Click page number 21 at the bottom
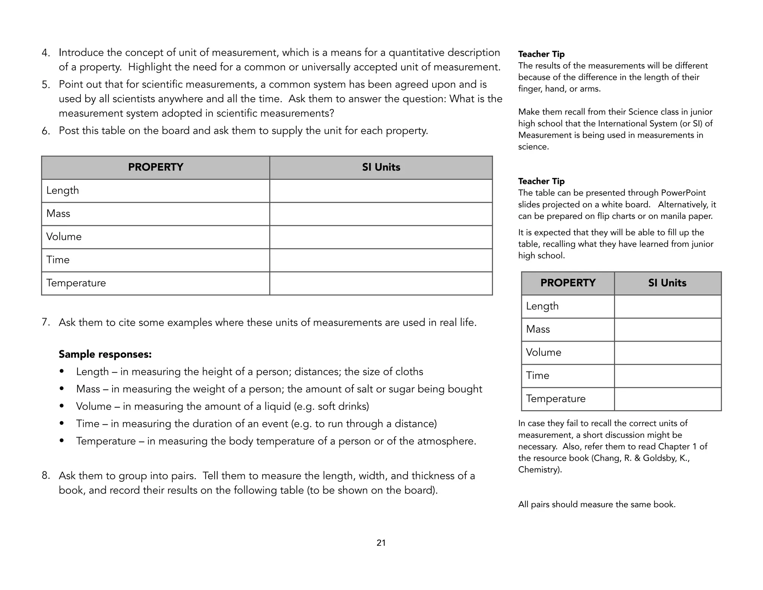click(x=381, y=543)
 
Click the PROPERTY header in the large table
click(x=155, y=167)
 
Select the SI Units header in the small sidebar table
click(x=667, y=283)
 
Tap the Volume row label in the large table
click(x=64, y=237)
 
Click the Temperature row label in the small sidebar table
click(x=555, y=399)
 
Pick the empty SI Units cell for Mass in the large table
click(x=381, y=214)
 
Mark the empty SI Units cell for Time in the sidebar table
click(x=667, y=376)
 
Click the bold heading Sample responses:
click(x=105, y=354)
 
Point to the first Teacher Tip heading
click(x=541, y=54)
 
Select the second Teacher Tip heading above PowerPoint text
click(x=541, y=181)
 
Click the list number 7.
click(x=45, y=322)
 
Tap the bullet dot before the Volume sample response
click(x=62, y=406)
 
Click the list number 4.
click(x=45, y=53)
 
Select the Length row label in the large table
click(x=63, y=191)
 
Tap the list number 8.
click(x=45, y=476)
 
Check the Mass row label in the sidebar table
click(x=538, y=329)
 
